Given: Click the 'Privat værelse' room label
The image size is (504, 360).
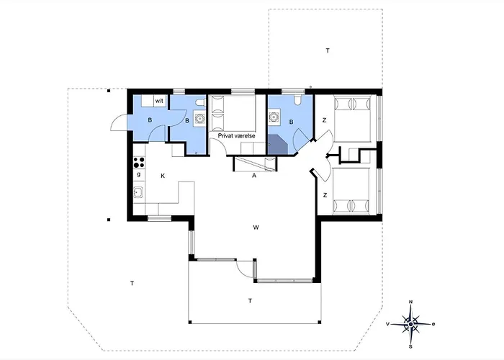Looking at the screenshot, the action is click(x=237, y=136).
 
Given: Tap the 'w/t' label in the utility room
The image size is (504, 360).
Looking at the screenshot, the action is click(x=159, y=101).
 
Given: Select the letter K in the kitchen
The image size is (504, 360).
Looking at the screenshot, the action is click(x=163, y=176).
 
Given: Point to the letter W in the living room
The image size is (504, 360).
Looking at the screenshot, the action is click(x=256, y=228).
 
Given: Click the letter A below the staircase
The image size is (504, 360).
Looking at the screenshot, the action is click(x=254, y=176).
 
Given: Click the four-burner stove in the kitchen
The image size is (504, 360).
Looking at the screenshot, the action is click(x=139, y=162).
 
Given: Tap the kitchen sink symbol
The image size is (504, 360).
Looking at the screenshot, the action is click(x=138, y=192).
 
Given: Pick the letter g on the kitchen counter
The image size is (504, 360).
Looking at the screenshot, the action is click(x=139, y=174).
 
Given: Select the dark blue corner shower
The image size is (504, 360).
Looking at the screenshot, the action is click(x=277, y=144).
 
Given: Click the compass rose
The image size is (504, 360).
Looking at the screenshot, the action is click(x=411, y=324).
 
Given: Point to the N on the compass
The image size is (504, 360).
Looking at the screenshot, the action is click(x=411, y=302).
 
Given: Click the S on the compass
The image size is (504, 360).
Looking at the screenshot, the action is click(x=411, y=347).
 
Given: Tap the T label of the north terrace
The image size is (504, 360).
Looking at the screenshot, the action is click(x=328, y=50).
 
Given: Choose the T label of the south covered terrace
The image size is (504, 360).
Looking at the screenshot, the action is click(x=250, y=301).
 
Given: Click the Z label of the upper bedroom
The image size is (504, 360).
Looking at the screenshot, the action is click(x=324, y=120).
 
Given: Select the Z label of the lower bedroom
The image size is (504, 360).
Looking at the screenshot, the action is click(x=325, y=195).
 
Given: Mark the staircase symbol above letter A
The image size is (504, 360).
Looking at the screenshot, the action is click(x=254, y=164).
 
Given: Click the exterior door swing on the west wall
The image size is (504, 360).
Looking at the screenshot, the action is click(x=120, y=122).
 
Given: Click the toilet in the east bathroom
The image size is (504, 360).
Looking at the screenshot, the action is click(x=297, y=99).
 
